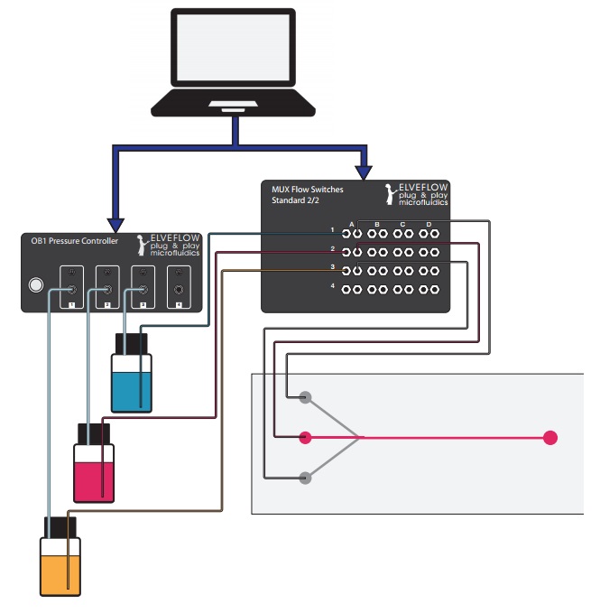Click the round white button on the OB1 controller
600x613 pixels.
tap(35, 286)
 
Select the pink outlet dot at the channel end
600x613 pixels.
tap(550, 438)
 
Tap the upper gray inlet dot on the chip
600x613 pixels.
tap(305, 396)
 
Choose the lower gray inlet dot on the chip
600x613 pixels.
tap(305, 478)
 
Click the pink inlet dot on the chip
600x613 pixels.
tap(305, 438)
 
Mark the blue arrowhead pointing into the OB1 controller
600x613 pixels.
tap(115, 223)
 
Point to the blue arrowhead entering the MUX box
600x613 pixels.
tap(364, 170)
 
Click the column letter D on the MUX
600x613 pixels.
tap(429, 222)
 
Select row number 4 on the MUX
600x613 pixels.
tap(332, 287)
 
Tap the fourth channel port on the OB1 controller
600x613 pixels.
tap(179, 290)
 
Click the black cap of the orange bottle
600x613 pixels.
tap(60, 527)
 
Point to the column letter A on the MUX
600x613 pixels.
tap(352, 222)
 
